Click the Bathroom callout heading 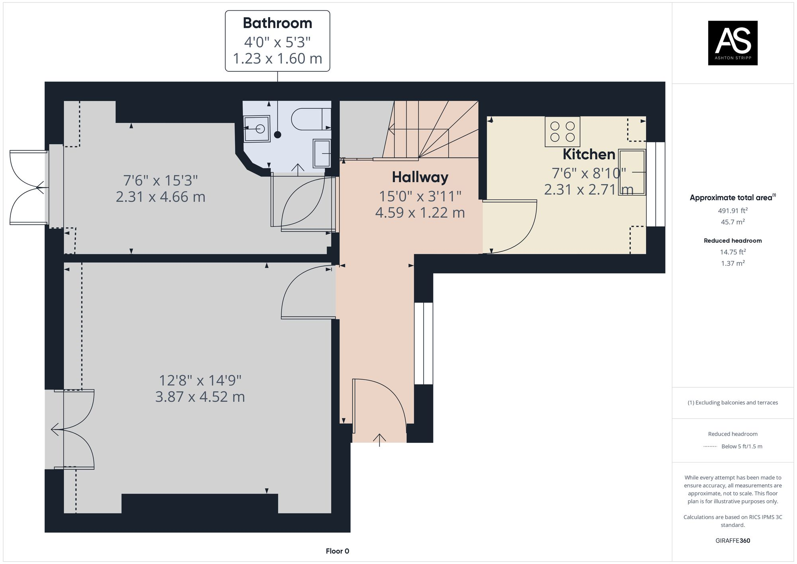(277, 23)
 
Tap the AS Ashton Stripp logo (732, 43)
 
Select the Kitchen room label (589, 154)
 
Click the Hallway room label (420, 177)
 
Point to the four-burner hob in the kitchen (562, 132)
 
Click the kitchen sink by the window (632, 172)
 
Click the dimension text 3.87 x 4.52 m (200, 397)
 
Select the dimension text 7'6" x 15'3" (160, 181)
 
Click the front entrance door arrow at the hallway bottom (379, 439)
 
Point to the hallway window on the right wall (423, 343)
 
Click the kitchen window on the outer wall (656, 184)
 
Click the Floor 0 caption (337, 551)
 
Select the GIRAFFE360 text (732, 540)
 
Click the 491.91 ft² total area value (732, 210)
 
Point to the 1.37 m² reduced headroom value (732, 263)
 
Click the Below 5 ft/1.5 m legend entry (741, 446)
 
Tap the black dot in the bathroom (277, 135)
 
